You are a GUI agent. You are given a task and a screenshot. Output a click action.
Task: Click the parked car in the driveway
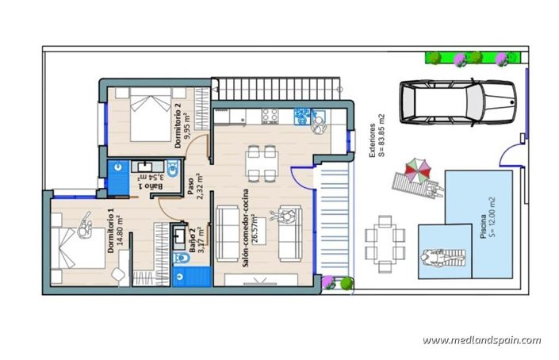point(457,104)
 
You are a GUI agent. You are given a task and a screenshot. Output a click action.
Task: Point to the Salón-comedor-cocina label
point(247,232)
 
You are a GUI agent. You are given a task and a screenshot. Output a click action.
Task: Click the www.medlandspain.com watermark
point(481,340)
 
